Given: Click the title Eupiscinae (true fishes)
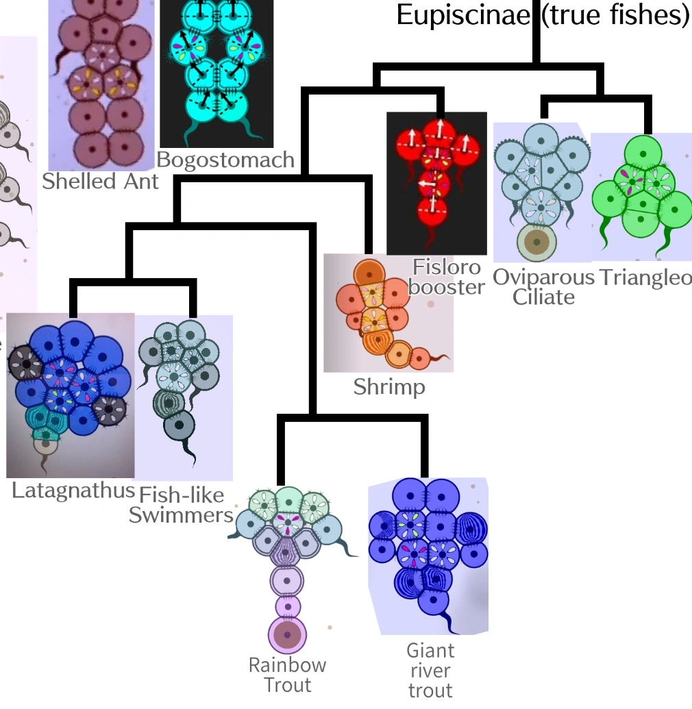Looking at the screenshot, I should coord(543,15).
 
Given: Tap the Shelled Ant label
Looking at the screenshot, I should coord(100,182).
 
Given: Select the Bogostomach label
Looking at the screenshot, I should coord(225,160).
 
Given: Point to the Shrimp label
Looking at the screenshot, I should coord(389,387).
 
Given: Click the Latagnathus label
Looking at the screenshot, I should coord(73,490).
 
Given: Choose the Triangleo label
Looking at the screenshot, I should coord(645,277).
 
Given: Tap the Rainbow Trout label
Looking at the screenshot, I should coord(287,675).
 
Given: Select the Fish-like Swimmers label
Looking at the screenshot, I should coord(182,505).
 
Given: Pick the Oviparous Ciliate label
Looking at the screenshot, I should coord(543,287).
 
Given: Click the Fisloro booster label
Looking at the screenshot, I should coord(446,277).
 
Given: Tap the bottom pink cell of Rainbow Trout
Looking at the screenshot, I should coord(287,635).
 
